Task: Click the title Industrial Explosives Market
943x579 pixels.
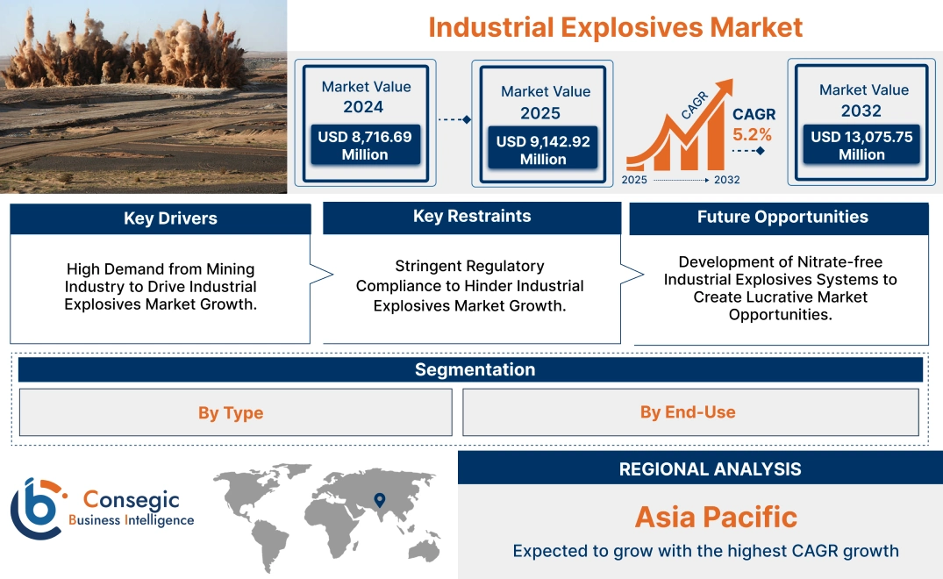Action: pos(615,26)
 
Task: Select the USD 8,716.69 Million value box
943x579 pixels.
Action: pos(364,146)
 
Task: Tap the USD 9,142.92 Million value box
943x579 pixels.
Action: pos(543,150)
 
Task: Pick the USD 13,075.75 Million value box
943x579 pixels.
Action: pos(861,146)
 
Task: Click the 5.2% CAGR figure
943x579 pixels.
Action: pos(753,134)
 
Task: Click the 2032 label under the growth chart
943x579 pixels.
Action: pos(726,180)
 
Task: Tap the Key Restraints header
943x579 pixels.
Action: pos(472,217)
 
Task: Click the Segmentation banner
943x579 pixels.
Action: pos(475,369)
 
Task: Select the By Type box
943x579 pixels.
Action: pos(231,412)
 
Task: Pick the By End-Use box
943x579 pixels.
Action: pos(688,411)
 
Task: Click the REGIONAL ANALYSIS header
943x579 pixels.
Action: pos(710,469)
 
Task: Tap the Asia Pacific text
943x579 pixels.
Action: pos(716,517)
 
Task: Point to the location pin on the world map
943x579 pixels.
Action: pos(379,501)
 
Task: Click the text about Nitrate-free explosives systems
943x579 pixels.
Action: pos(780,288)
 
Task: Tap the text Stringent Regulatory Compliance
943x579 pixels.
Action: pos(469,275)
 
